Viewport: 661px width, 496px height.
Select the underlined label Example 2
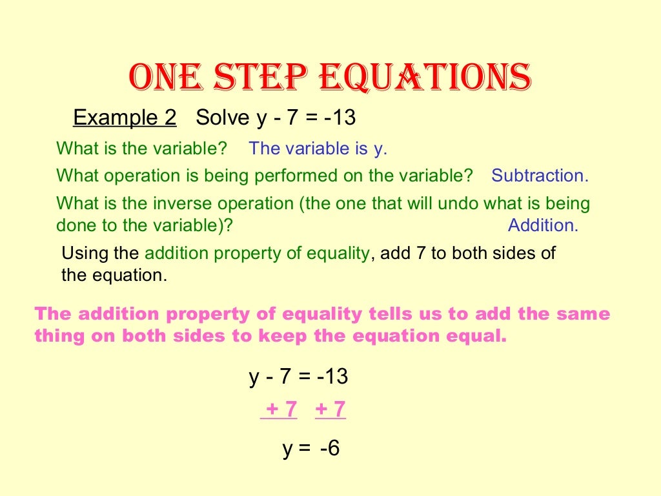pos(125,118)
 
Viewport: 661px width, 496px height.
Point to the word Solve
pos(222,118)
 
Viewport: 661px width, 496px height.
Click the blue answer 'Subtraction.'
pos(540,176)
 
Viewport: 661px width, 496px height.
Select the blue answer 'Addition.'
pos(543,225)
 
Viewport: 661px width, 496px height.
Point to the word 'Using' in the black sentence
pos(82,253)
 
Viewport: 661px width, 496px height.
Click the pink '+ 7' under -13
pos(330,409)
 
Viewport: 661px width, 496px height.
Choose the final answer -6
pos(329,449)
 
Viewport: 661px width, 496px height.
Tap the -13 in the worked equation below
pos(332,377)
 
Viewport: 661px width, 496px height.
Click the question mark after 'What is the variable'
pos(223,149)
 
